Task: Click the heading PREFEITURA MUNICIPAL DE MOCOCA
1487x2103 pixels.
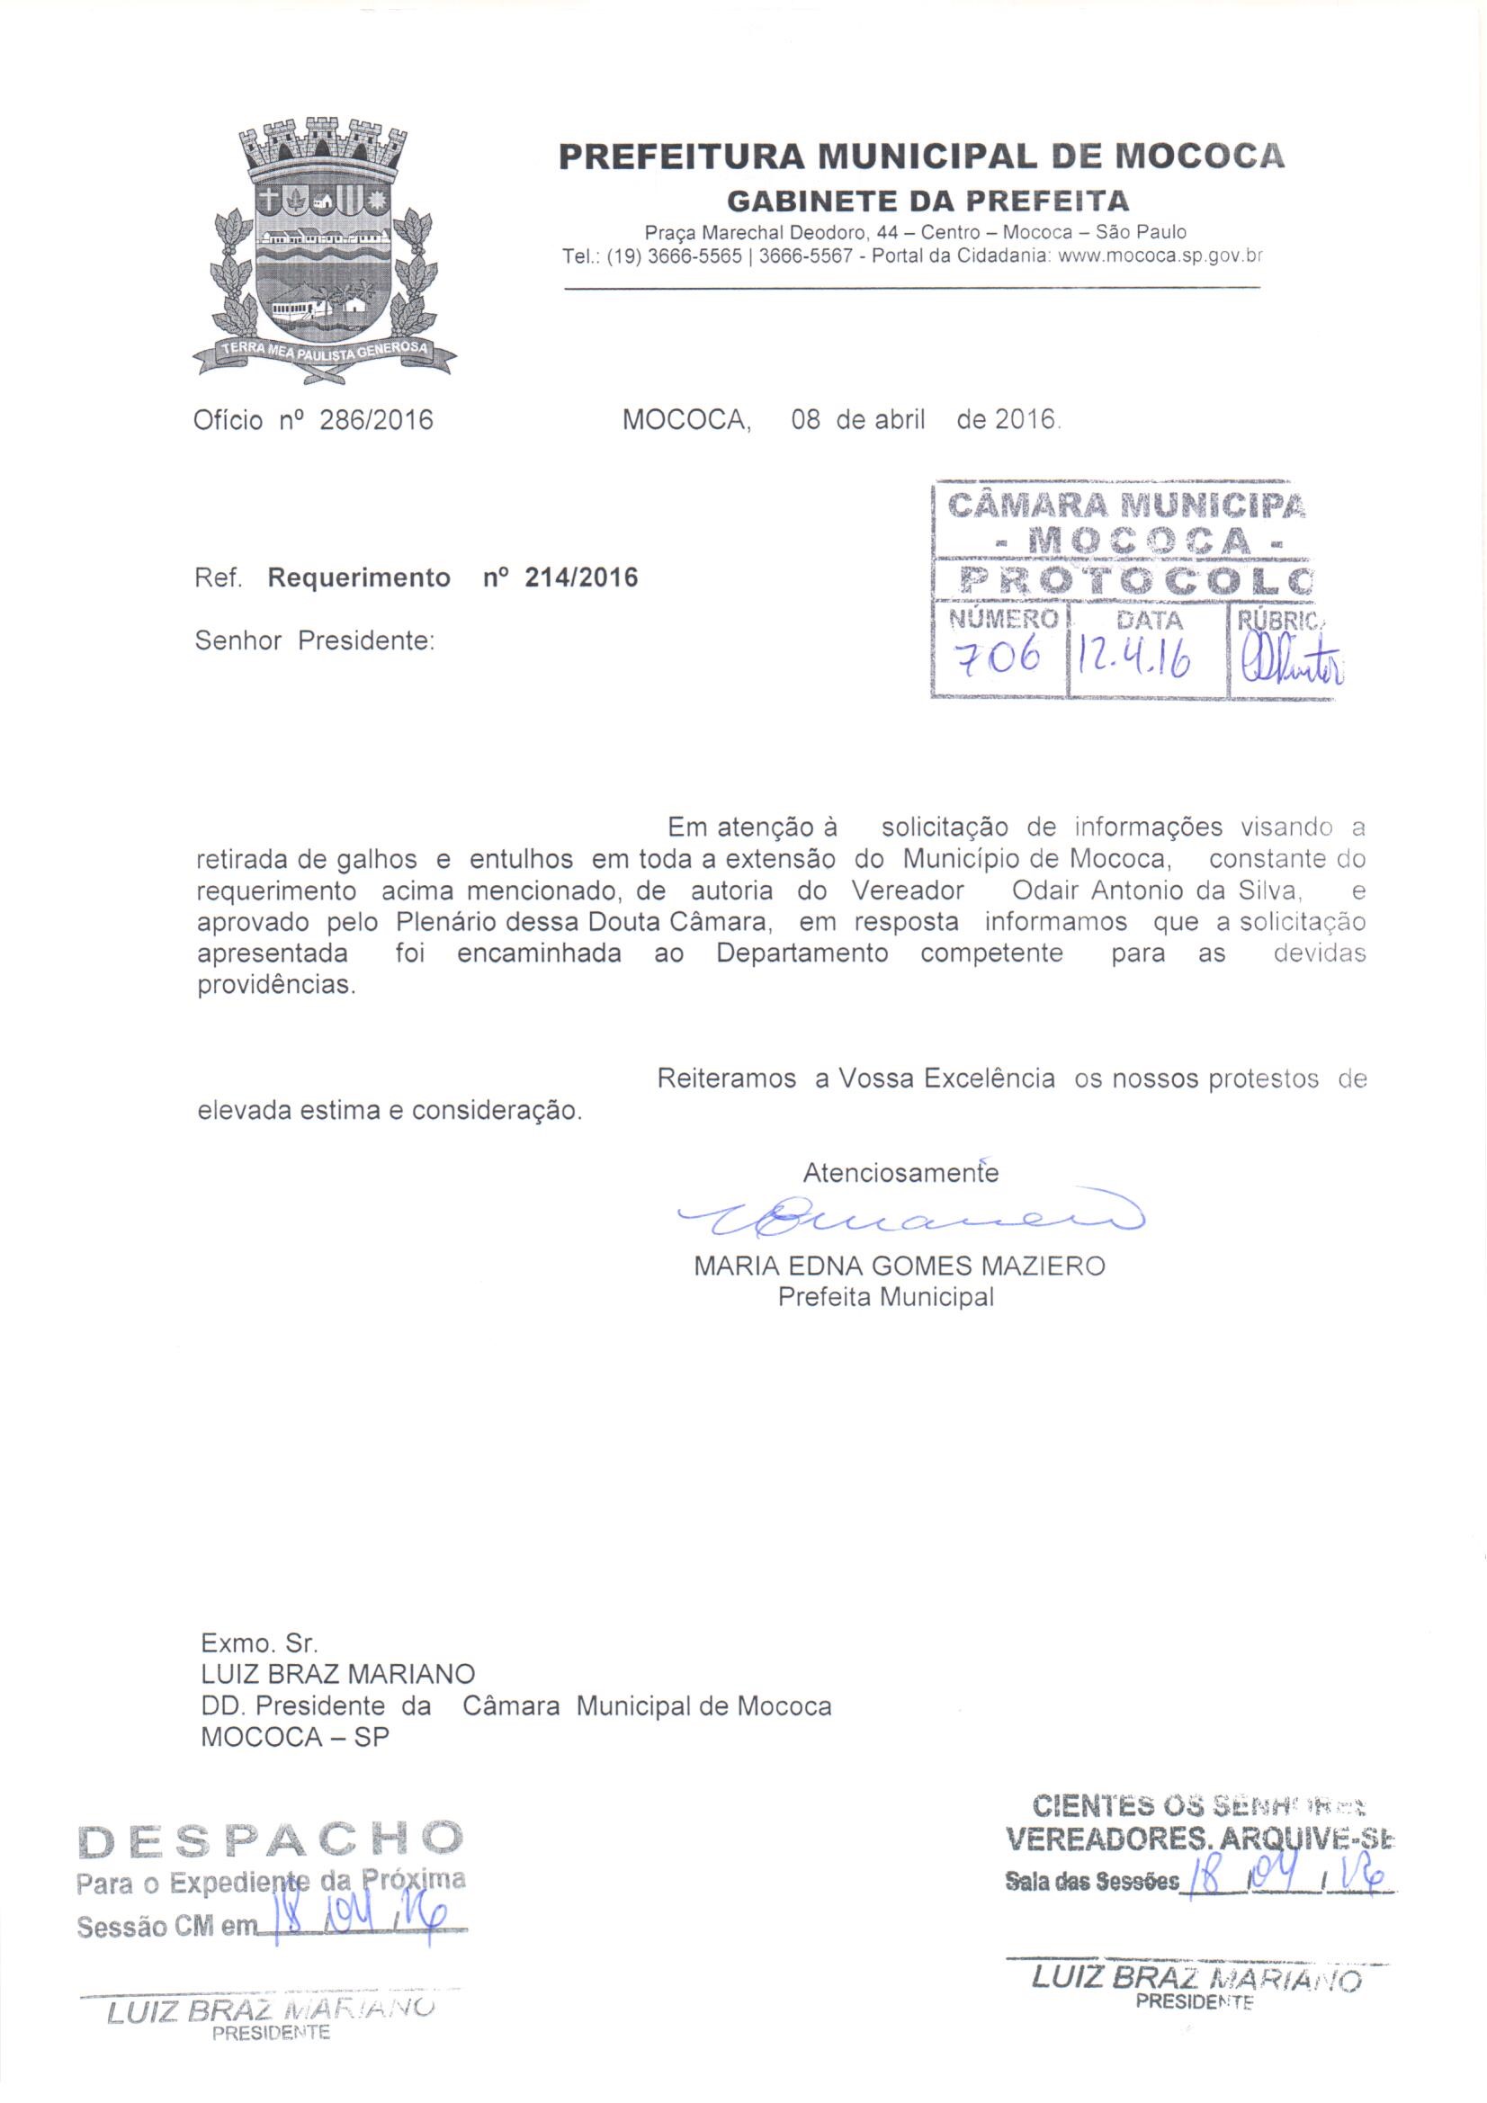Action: coord(921,156)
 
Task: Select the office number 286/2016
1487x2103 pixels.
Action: coord(376,420)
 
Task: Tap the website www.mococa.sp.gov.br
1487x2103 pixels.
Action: coord(1160,257)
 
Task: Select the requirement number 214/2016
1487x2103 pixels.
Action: coord(581,578)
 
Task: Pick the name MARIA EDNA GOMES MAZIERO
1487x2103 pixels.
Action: coord(900,1266)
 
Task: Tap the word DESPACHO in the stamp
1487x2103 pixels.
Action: coord(271,1837)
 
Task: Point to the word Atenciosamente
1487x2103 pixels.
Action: coord(900,1173)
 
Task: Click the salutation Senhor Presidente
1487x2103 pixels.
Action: coord(313,640)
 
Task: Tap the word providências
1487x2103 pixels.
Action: coord(276,987)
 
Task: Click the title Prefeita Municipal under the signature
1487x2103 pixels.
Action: coord(885,1298)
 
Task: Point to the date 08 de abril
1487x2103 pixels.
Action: coord(857,420)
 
